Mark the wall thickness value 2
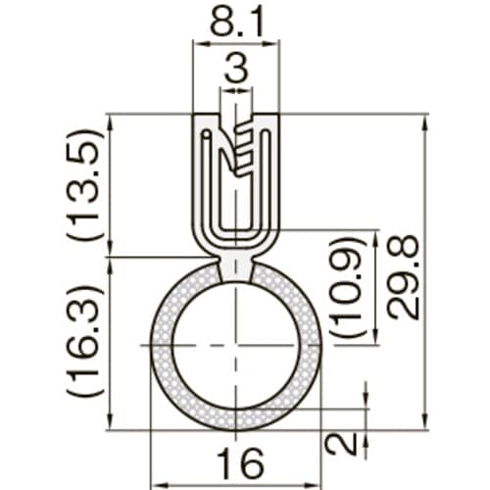tap(342, 443)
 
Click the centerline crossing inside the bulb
tap(235, 346)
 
